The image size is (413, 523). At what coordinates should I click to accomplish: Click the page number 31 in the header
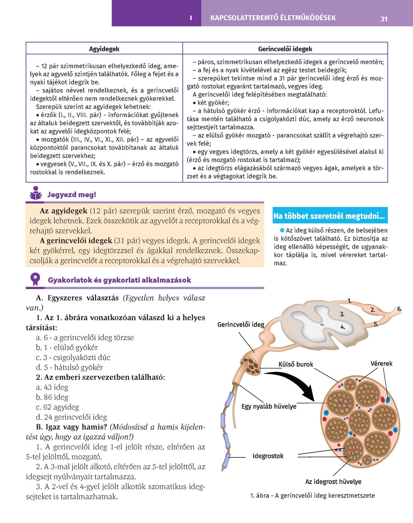point(384,19)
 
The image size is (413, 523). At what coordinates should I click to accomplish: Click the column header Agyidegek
point(104,49)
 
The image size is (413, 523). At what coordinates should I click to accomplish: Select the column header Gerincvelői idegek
point(285,49)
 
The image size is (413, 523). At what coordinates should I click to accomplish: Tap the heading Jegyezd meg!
point(72,195)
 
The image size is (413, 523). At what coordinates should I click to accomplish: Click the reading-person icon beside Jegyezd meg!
point(36,193)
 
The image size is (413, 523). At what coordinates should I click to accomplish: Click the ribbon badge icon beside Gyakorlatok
point(36,279)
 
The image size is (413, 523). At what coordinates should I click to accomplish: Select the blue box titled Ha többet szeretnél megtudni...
point(330,216)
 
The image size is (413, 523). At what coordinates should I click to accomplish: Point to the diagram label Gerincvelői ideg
point(240,325)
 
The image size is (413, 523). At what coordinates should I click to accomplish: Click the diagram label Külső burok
point(296,364)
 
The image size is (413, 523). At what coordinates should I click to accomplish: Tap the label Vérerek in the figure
point(381,363)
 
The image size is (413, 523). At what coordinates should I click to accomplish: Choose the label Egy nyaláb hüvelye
point(269,406)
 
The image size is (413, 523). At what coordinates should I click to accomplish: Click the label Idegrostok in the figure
point(268,456)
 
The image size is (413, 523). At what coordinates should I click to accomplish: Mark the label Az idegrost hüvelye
point(333,481)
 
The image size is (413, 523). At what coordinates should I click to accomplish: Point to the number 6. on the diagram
point(399,309)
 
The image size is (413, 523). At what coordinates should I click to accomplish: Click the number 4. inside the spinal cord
point(342,327)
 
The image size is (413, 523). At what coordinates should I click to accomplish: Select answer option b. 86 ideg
point(52,397)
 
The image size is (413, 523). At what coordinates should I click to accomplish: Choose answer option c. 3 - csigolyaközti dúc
point(73,357)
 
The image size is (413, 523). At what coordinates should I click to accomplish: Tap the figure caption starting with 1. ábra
point(312,495)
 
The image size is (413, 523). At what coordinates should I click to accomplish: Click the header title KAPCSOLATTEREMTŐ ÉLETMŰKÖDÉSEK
point(273,18)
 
